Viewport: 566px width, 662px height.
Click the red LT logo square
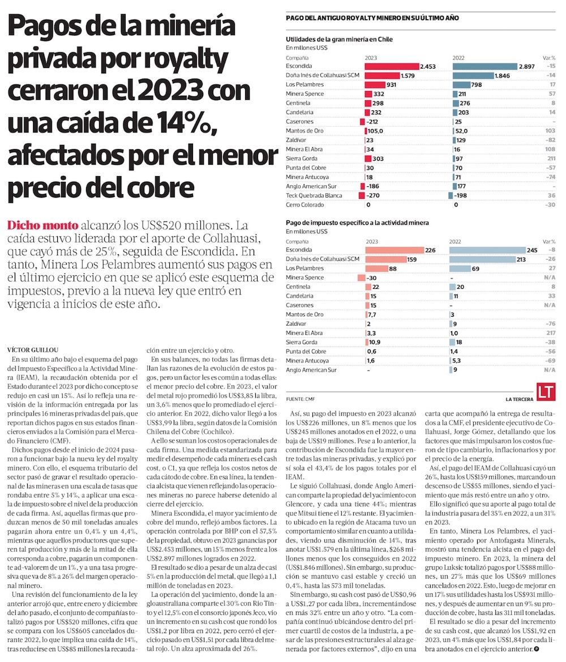(544, 392)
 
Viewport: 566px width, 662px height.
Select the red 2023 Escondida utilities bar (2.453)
(391, 66)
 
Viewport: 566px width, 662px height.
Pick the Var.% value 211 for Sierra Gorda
(551, 159)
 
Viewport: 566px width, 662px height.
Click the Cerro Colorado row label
(305, 204)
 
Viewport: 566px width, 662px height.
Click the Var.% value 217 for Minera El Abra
(551, 333)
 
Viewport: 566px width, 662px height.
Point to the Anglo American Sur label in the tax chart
(312, 370)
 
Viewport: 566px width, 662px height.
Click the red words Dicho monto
(43, 224)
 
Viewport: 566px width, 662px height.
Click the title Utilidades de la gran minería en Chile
(339, 40)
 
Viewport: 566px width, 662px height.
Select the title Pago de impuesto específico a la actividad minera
(357, 224)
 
